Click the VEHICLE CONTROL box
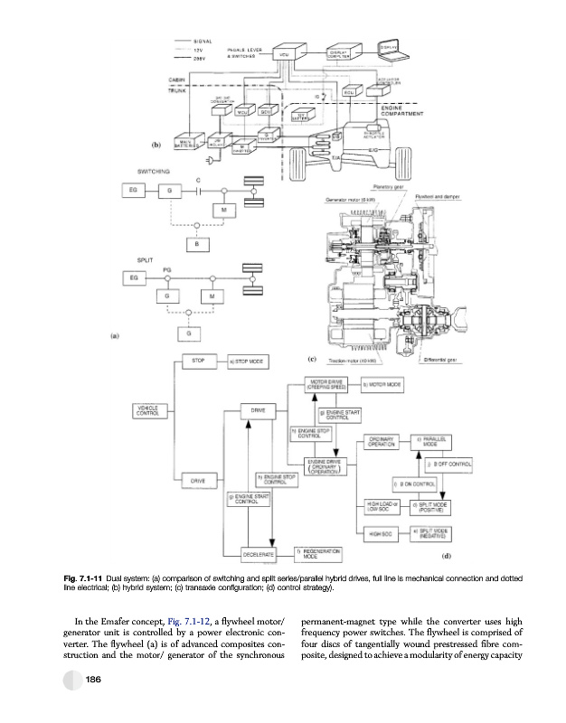point(147,411)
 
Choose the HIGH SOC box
point(380,534)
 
